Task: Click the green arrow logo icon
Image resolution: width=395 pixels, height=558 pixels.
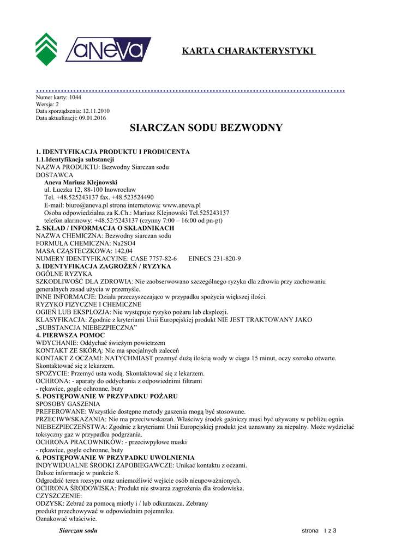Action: pyautogui.click(x=46, y=48)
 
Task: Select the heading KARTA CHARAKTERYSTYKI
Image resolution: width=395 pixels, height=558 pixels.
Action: pyautogui.click(x=248, y=51)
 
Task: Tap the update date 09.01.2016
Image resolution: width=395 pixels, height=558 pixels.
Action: pyautogui.click(x=92, y=118)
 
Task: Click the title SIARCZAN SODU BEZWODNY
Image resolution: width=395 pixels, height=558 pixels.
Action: pyautogui.click(x=206, y=128)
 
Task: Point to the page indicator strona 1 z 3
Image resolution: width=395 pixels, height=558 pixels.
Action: pyautogui.click(x=320, y=531)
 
